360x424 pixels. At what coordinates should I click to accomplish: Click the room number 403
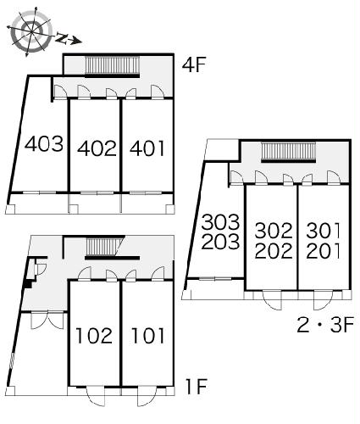click(44, 143)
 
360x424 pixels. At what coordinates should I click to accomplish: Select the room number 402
click(97, 148)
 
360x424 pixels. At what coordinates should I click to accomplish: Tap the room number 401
click(147, 148)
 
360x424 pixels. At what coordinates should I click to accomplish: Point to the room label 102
click(94, 336)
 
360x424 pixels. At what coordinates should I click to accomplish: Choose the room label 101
click(147, 336)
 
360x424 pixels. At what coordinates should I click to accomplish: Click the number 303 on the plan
click(220, 222)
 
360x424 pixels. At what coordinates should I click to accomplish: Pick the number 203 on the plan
click(220, 242)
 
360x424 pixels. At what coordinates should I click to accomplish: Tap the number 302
click(274, 231)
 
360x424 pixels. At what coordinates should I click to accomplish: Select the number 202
click(274, 251)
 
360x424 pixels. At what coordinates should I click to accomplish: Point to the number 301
click(324, 231)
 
